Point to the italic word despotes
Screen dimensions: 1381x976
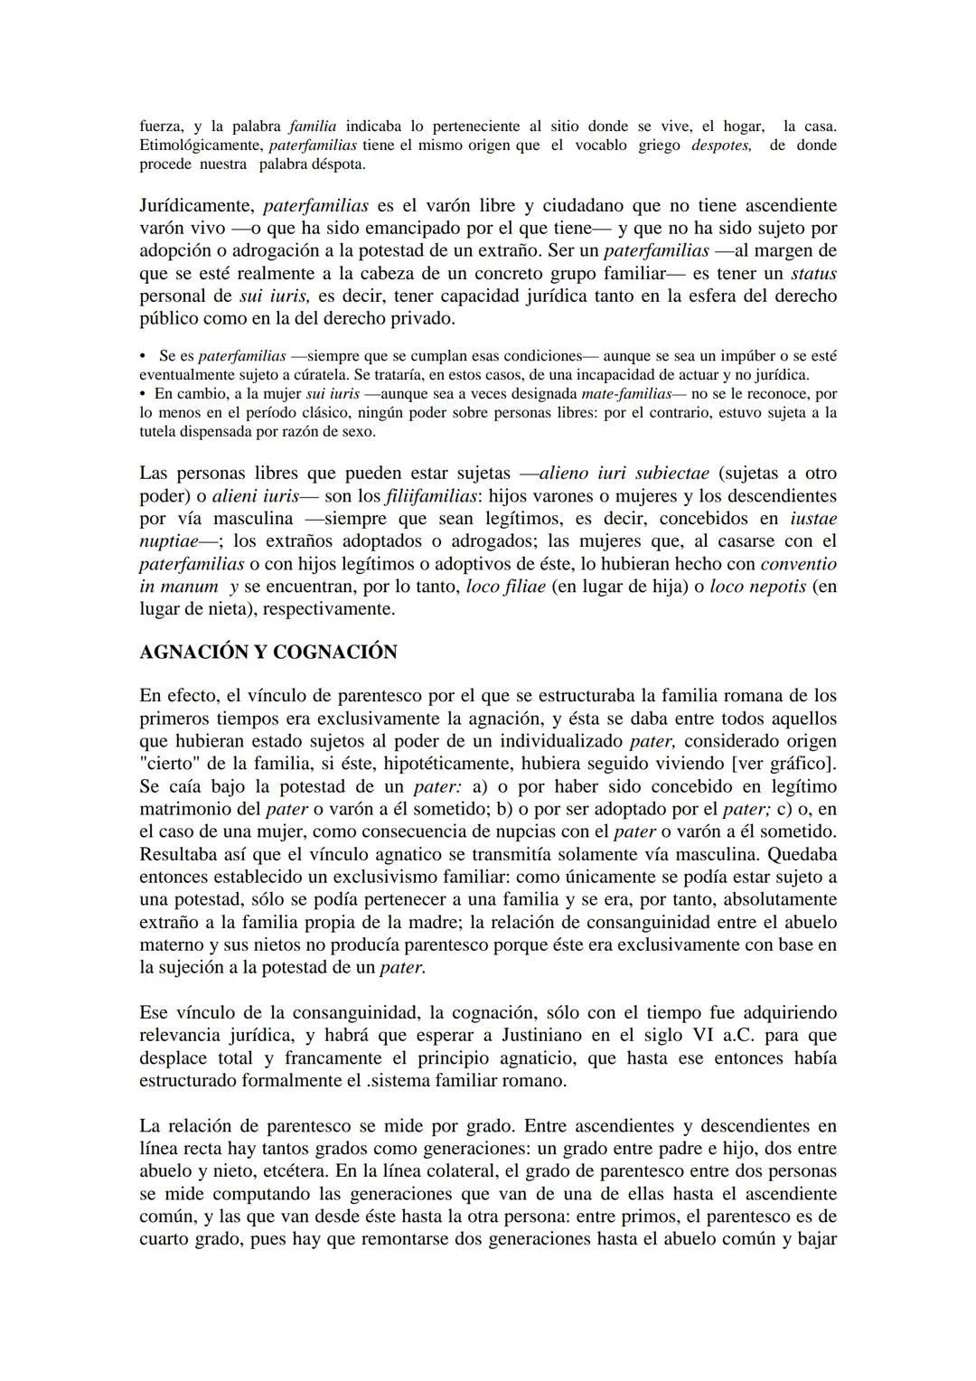point(721,146)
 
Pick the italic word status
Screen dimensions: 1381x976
point(813,274)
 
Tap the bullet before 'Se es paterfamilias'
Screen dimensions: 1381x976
point(144,356)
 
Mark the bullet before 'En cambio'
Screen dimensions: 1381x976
point(143,394)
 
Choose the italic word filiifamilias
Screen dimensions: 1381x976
point(432,496)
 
